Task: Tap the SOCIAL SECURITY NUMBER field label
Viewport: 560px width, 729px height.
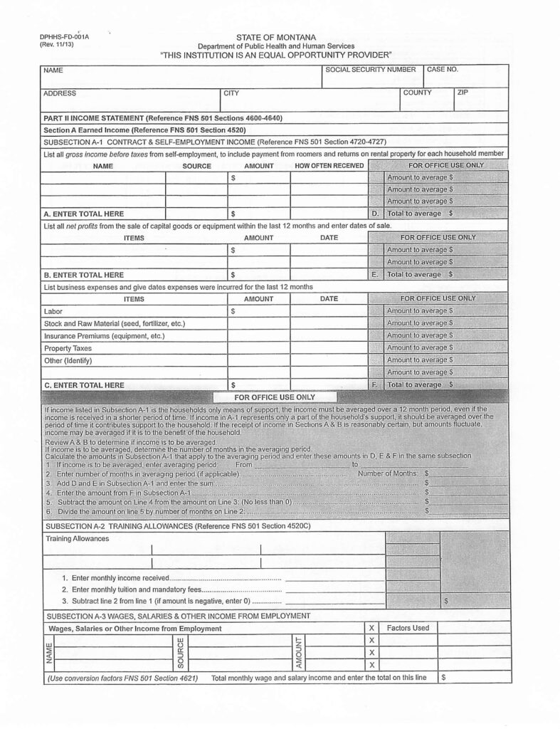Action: [x=370, y=70]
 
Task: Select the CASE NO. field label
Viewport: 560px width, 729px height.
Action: [x=443, y=70]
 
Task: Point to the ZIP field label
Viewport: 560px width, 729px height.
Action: [x=463, y=93]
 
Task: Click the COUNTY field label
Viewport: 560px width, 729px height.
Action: [x=417, y=93]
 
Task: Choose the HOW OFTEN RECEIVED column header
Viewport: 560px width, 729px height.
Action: [x=329, y=166]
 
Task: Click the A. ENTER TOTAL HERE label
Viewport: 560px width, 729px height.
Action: [x=84, y=214]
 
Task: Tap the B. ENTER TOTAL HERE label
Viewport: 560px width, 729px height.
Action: [x=84, y=274]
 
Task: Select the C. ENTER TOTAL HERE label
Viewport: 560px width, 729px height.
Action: [x=84, y=385]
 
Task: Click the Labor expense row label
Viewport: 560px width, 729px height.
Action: [x=53, y=311]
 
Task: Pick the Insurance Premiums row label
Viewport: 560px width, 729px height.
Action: [x=104, y=336]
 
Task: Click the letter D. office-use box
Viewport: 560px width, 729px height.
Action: [x=375, y=214]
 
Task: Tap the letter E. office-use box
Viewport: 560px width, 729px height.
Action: [x=375, y=274]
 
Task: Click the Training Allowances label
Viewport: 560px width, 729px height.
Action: [x=78, y=539]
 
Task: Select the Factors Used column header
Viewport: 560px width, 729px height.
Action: [x=408, y=628]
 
